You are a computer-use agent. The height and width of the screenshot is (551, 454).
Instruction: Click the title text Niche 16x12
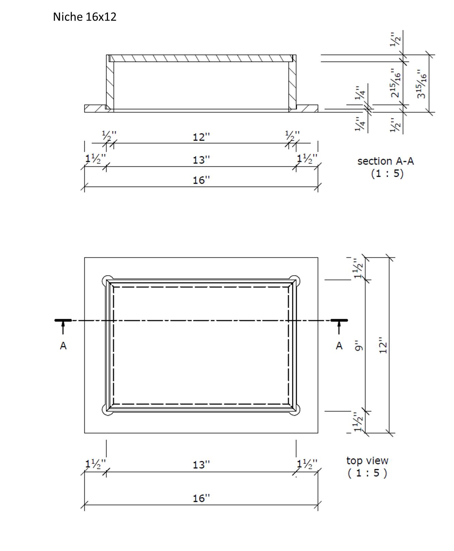[x=84, y=17]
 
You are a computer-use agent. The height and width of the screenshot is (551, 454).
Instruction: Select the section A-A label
[x=385, y=161]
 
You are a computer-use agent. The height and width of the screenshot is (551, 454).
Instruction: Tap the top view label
[x=367, y=461]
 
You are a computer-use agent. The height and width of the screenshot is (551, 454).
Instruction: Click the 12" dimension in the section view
[x=201, y=137]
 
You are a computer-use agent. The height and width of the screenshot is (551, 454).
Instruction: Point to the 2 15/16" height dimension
[x=395, y=83]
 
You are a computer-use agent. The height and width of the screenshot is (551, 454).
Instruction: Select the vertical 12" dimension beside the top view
[x=383, y=345]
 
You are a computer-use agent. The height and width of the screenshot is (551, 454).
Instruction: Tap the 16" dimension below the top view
[x=201, y=498]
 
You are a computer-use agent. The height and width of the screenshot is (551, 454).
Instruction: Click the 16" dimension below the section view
[x=201, y=180]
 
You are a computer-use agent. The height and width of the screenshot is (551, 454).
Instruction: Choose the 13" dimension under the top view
[x=201, y=465]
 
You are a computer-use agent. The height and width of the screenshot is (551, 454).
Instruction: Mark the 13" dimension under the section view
[x=201, y=160]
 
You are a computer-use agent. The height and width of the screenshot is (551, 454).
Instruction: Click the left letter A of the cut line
[x=63, y=346]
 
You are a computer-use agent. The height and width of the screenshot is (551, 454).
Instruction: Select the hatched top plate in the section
[x=201, y=58]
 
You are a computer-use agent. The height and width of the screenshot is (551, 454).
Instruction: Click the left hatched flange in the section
[x=95, y=108]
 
